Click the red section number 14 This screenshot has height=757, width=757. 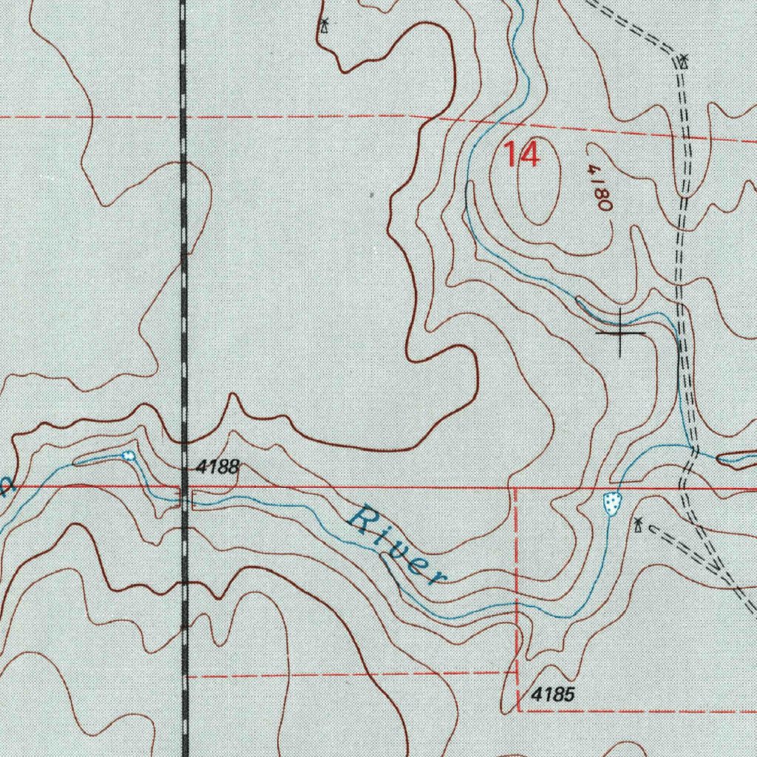(522, 155)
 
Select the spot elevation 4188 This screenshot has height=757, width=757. (218, 466)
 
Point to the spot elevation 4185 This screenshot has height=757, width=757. (553, 696)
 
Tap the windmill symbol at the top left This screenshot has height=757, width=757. (324, 26)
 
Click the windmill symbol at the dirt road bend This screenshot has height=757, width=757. (684, 61)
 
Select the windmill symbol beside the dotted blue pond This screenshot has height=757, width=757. (637, 526)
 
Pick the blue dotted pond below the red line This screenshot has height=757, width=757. (611, 503)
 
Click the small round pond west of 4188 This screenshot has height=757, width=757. (129, 455)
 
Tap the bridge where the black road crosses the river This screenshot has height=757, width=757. (183, 500)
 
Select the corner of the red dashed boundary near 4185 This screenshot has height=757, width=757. (517, 710)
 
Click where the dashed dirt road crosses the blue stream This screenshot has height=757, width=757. (691, 449)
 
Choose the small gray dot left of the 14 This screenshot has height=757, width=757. (371, 196)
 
